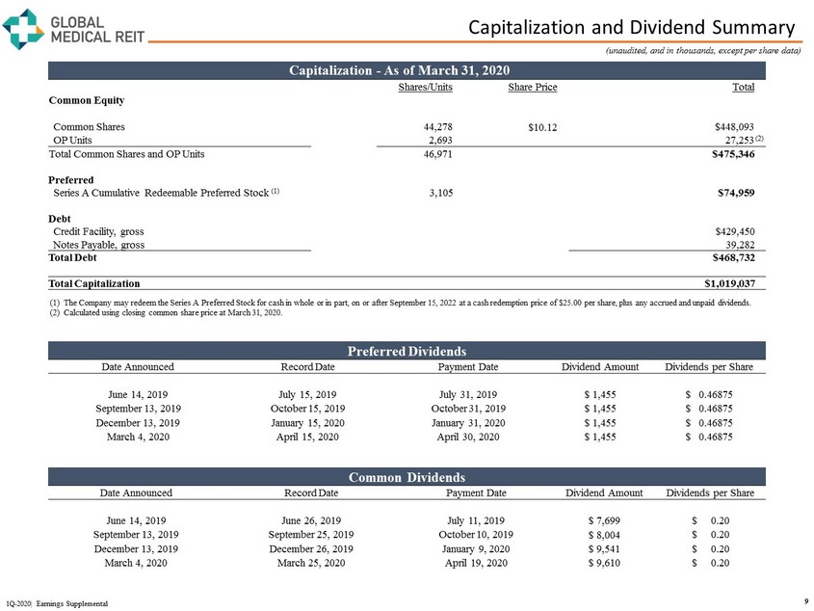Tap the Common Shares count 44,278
tap(438, 126)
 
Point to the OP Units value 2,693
tap(439, 140)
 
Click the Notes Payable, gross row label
tap(99, 245)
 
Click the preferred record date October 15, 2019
tap(307, 408)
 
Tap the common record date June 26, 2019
tap(307, 521)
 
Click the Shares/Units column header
tap(425, 87)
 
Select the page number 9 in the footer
tap(803, 601)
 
